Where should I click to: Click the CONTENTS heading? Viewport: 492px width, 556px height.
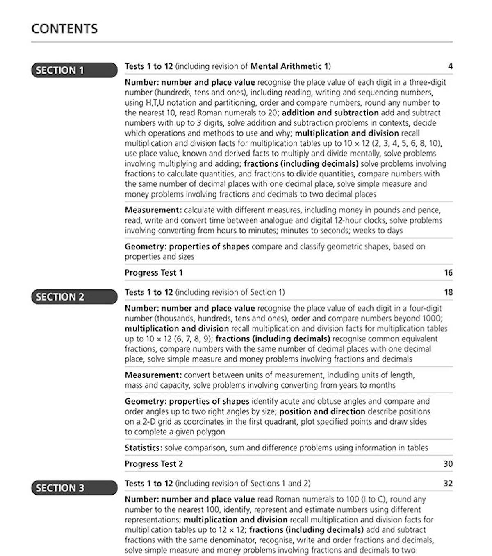point(64,29)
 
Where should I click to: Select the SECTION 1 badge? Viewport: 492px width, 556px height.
point(74,70)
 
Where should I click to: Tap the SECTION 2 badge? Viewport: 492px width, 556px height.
point(74,297)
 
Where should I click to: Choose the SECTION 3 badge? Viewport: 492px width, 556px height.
point(74,488)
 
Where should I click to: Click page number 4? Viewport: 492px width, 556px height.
point(450,66)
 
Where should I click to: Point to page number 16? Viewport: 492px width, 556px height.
point(448,273)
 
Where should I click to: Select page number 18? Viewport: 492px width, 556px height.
point(448,292)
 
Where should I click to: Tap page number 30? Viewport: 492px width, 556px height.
point(448,464)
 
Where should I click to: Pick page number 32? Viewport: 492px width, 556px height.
point(448,484)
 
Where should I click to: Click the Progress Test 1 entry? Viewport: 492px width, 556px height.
point(154,273)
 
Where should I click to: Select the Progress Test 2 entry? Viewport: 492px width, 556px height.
point(154,464)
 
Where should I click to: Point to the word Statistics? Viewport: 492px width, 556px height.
point(143,448)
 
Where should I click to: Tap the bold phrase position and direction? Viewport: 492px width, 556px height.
point(322,411)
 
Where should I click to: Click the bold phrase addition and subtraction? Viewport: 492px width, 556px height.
point(330,113)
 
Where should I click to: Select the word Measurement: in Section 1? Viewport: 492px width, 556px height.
point(153,210)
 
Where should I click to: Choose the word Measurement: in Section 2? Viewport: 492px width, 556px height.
point(153,375)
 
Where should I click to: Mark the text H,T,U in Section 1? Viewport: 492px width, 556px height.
point(155,103)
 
